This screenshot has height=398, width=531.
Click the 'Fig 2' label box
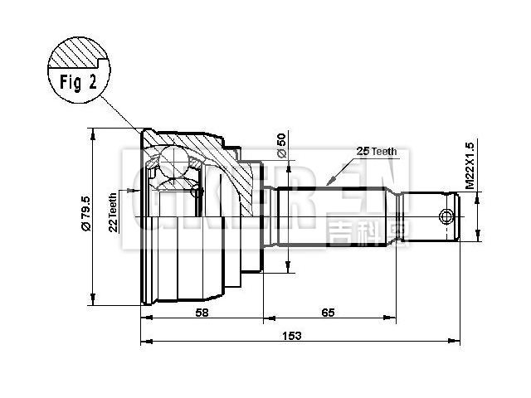pyautogui.click(x=80, y=83)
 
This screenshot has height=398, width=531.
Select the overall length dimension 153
pyautogui.click(x=291, y=335)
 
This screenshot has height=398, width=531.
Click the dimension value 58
pyautogui.click(x=202, y=312)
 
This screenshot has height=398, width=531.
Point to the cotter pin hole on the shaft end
pyautogui.click(x=446, y=217)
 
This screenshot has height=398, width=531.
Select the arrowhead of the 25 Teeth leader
pyautogui.click(x=329, y=181)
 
